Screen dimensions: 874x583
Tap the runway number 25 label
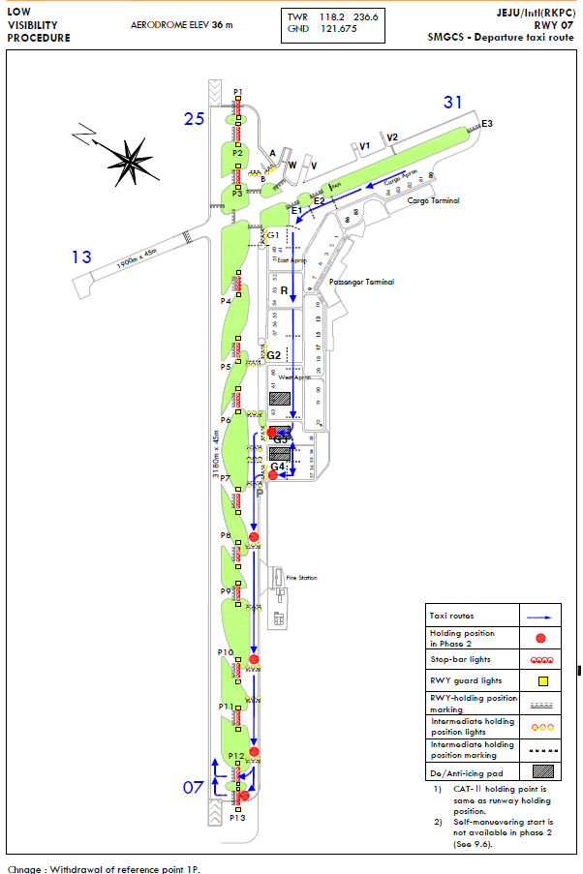coord(195,119)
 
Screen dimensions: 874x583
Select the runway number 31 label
coord(454,102)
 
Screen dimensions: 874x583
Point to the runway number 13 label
coord(81,256)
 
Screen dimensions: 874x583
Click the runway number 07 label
coord(194,787)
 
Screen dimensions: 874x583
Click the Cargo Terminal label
coord(434,201)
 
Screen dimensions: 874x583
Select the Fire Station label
coord(301,578)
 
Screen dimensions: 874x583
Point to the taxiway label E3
coord(487,124)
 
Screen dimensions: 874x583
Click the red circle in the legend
coord(541,638)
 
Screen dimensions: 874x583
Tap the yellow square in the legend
coord(541,680)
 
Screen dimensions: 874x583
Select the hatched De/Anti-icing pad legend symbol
coord(541,771)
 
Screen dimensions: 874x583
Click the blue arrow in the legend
coord(541,616)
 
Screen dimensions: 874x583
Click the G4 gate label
coord(277,467)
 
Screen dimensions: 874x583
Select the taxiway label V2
coord(392,138)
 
